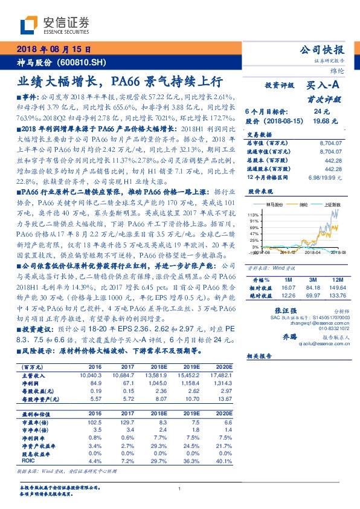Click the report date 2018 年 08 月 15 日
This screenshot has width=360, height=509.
coord(53,50)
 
